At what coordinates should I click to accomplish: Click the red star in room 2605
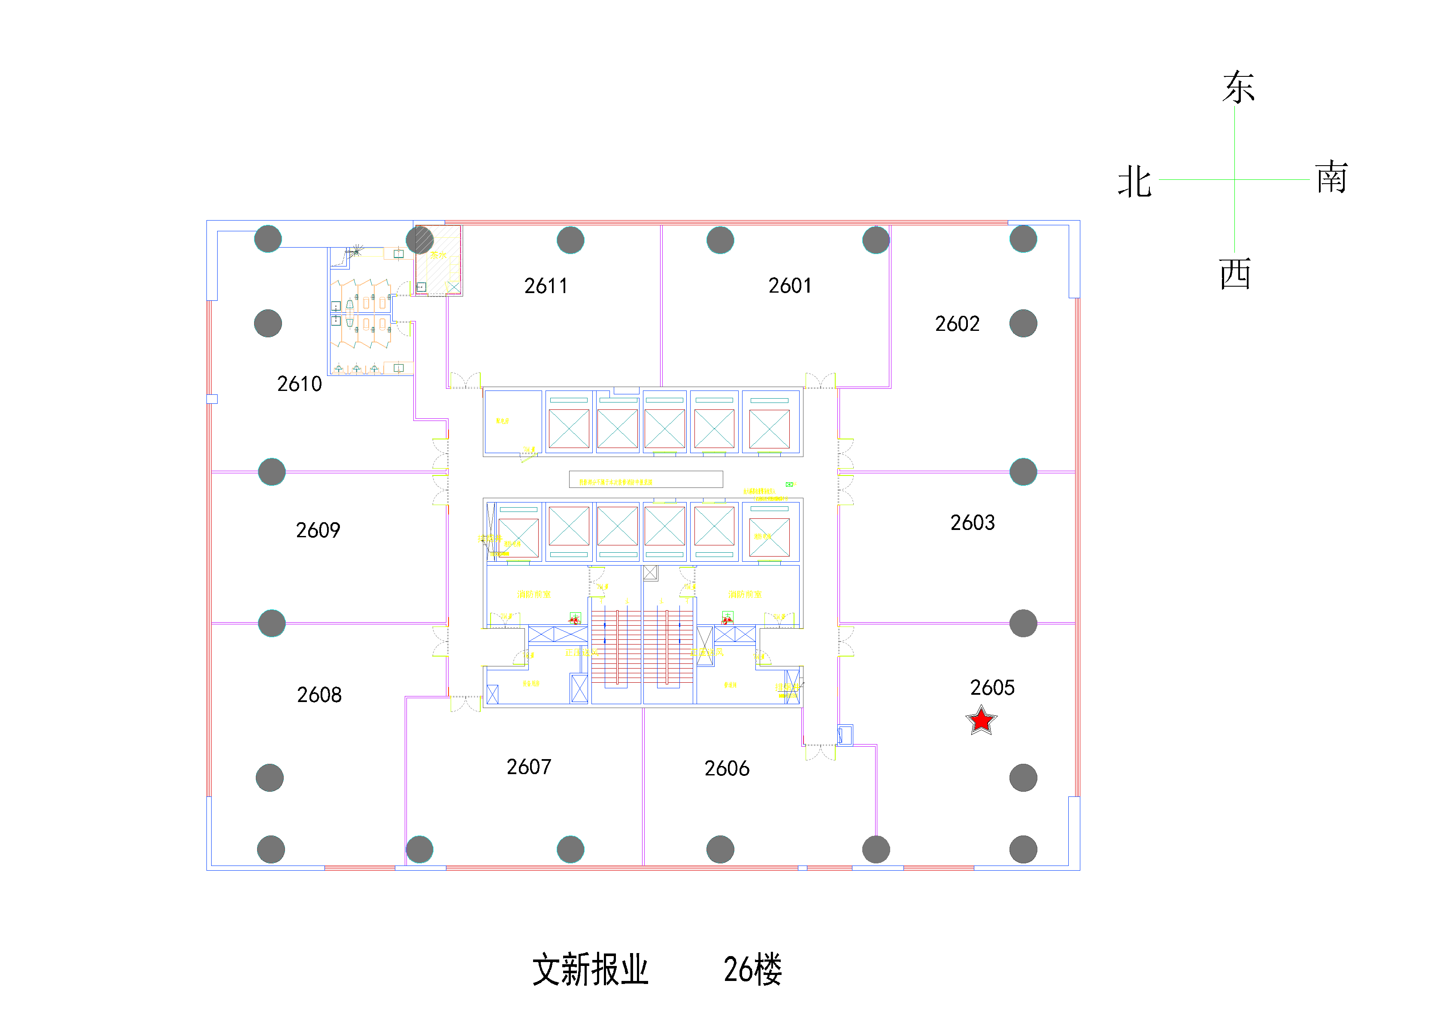981,720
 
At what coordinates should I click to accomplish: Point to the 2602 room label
957,324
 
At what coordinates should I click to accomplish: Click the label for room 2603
972,522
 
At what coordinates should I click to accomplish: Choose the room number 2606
727,768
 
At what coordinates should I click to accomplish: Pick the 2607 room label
528,767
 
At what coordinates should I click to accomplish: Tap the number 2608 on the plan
319,695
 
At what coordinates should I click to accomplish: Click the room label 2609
318,530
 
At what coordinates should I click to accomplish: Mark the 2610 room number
299,384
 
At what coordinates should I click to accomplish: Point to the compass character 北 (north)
1134,182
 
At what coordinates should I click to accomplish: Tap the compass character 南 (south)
1331,178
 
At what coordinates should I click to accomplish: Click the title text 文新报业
590,970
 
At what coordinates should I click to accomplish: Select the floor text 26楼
752,970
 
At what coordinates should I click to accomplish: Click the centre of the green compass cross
1234,179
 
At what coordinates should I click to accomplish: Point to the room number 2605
992,687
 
